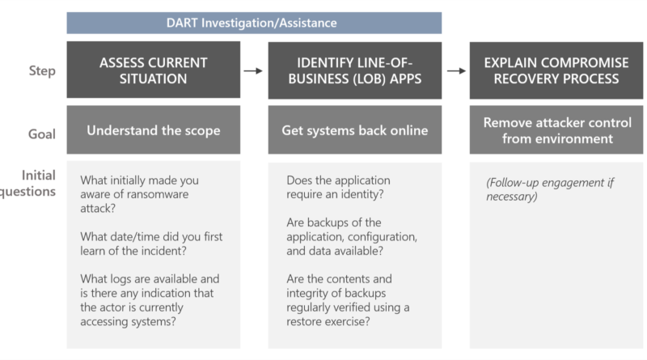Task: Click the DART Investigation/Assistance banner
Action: tap(254, 23)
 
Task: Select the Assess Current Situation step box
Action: tap(154, 70)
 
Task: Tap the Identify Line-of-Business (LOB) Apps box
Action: tap(355, 70)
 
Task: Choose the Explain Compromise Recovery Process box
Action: tap(556, 70)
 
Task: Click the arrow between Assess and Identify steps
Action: tap(253, 71)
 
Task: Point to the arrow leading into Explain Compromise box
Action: tap(456, 71)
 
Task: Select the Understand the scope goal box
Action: tap(154, 129)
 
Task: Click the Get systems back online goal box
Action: tap(355, 129)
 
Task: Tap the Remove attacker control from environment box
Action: tap(556, 129)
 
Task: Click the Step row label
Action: tap(42, 71)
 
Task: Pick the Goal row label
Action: tap(42, 133)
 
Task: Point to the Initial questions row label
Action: tap(27, 184)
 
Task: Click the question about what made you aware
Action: tap(139, 194)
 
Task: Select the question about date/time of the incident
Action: tap(151, 244)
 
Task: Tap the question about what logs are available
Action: tap(150, 300)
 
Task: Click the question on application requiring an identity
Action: tap(338, 187)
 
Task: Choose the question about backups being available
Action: tap(352, 236)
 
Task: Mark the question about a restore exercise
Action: tap(348, 300)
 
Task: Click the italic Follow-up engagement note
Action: tap(550, 189)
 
